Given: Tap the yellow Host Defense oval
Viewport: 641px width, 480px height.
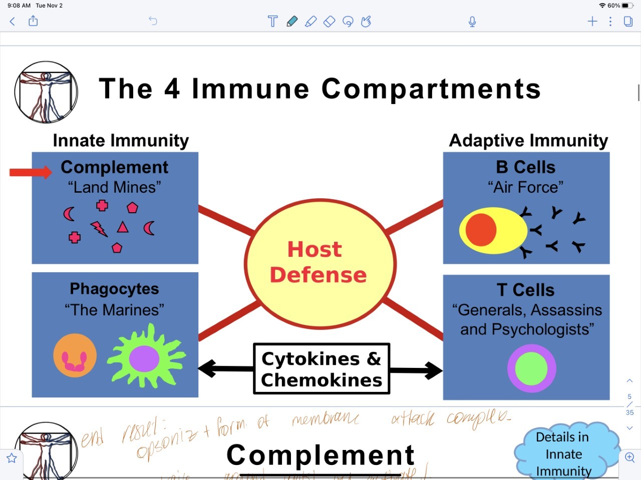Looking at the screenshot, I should point(320,263).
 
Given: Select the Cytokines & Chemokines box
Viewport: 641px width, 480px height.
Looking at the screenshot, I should point(322,369).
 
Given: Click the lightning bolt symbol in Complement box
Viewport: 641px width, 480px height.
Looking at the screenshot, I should point(99,229).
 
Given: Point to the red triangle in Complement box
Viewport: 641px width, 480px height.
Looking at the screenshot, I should point(123,227).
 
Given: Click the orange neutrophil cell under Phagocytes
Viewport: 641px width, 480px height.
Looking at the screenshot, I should point(75,355).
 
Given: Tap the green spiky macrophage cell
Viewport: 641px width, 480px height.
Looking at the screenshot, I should point(145,358).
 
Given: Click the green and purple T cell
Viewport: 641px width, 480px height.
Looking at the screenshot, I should point(531,368).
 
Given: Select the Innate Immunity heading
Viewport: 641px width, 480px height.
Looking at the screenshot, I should point(121,141).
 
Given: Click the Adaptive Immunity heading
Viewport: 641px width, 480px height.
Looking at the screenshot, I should point(528,141).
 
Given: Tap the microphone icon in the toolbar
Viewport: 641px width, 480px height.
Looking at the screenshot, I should point(472,22).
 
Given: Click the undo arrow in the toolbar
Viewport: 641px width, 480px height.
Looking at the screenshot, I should point(153,21).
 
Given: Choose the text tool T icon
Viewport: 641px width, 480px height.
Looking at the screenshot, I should point(272,21).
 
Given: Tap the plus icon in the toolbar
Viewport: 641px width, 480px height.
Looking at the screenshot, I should point(592,21).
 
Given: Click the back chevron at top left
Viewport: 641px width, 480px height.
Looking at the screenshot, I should point(13,21).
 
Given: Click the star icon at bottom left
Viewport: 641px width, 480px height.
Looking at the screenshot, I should point(12,457).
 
